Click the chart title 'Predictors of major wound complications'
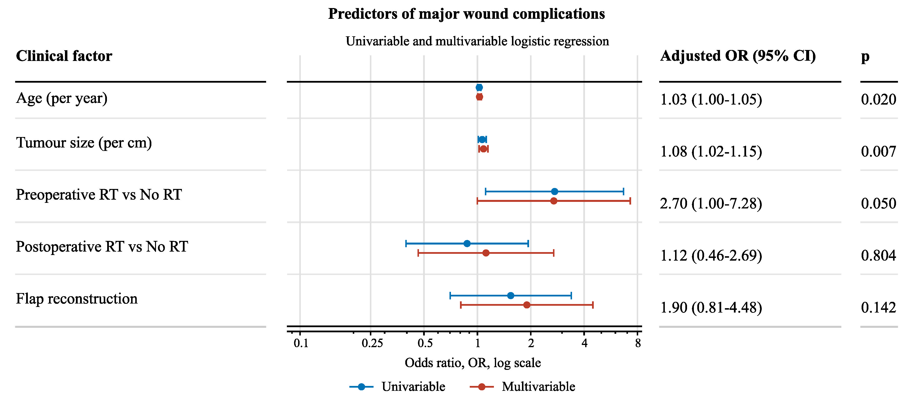click(467, 14)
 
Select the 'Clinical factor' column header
click(64, 56)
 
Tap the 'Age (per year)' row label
click(62, 98)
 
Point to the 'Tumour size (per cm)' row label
click(84, 143)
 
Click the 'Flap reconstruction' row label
click(77, 299)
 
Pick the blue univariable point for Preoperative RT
click(554, 192)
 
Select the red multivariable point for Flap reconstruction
click(527, 305)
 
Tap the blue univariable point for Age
click(479, 88)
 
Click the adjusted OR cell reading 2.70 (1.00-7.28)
click(711, 204)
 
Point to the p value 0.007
click(878, 152)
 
